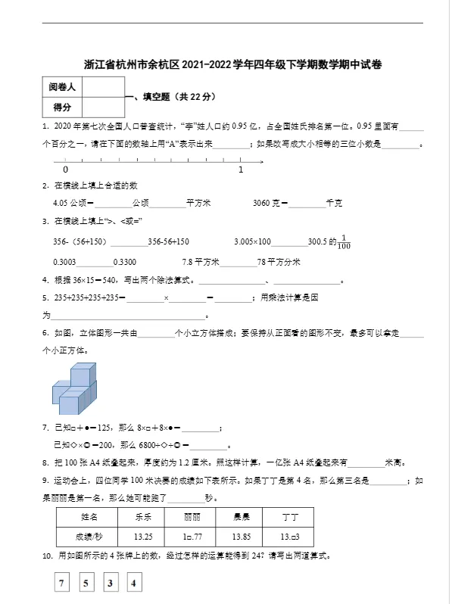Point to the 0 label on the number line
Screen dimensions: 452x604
(66, 170)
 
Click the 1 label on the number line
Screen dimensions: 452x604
(241, 170)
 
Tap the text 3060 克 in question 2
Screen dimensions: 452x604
(268, 203)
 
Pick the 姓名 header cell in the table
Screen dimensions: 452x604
(89, 517)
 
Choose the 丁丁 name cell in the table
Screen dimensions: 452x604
(289, 517)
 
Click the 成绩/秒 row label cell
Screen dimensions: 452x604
(89, 536)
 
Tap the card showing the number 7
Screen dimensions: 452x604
(63, 584)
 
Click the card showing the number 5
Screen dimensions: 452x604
(86, 584)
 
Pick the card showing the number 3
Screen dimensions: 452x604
(110, 584)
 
